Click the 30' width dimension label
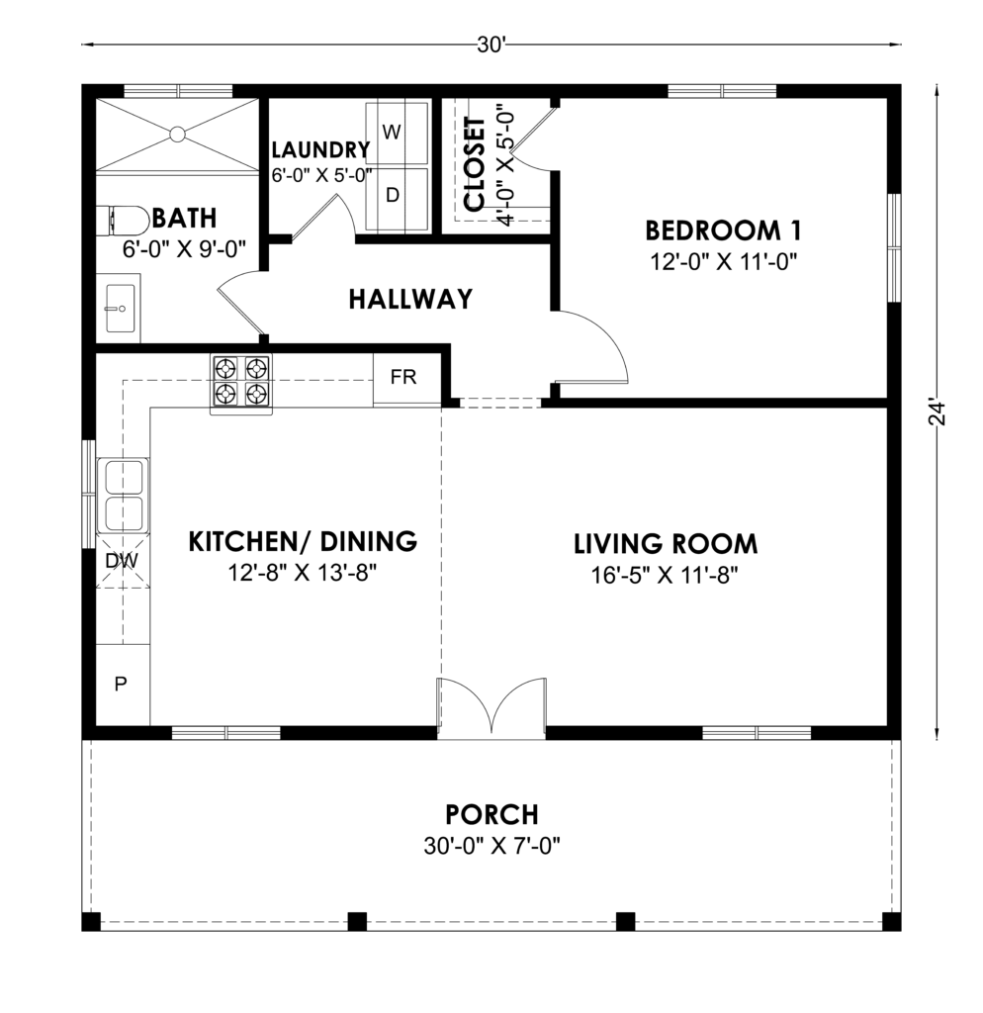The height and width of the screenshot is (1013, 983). [491, 46]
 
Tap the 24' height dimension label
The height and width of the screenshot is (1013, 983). [937, 414]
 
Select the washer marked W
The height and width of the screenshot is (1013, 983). [397, 134]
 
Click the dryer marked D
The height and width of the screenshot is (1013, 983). [397, 198]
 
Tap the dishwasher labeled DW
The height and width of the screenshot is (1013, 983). [122, 561]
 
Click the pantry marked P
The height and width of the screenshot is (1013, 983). [123, 685]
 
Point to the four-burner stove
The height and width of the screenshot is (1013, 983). [241, 384]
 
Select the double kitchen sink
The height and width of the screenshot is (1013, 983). [123, 495]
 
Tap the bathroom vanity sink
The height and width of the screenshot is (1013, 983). [120, 309]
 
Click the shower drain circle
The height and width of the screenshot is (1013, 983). [177, 135]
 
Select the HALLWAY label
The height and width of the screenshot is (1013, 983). [410, 299]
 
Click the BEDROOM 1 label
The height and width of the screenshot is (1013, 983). [723, 230]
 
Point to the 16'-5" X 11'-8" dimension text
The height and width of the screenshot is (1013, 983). [665, 575]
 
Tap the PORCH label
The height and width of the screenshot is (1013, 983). [492, 815]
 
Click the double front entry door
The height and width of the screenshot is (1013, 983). [492, 707]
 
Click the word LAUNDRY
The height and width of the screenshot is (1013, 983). [321, 150]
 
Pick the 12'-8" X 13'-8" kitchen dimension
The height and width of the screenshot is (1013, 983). [303, 573]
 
